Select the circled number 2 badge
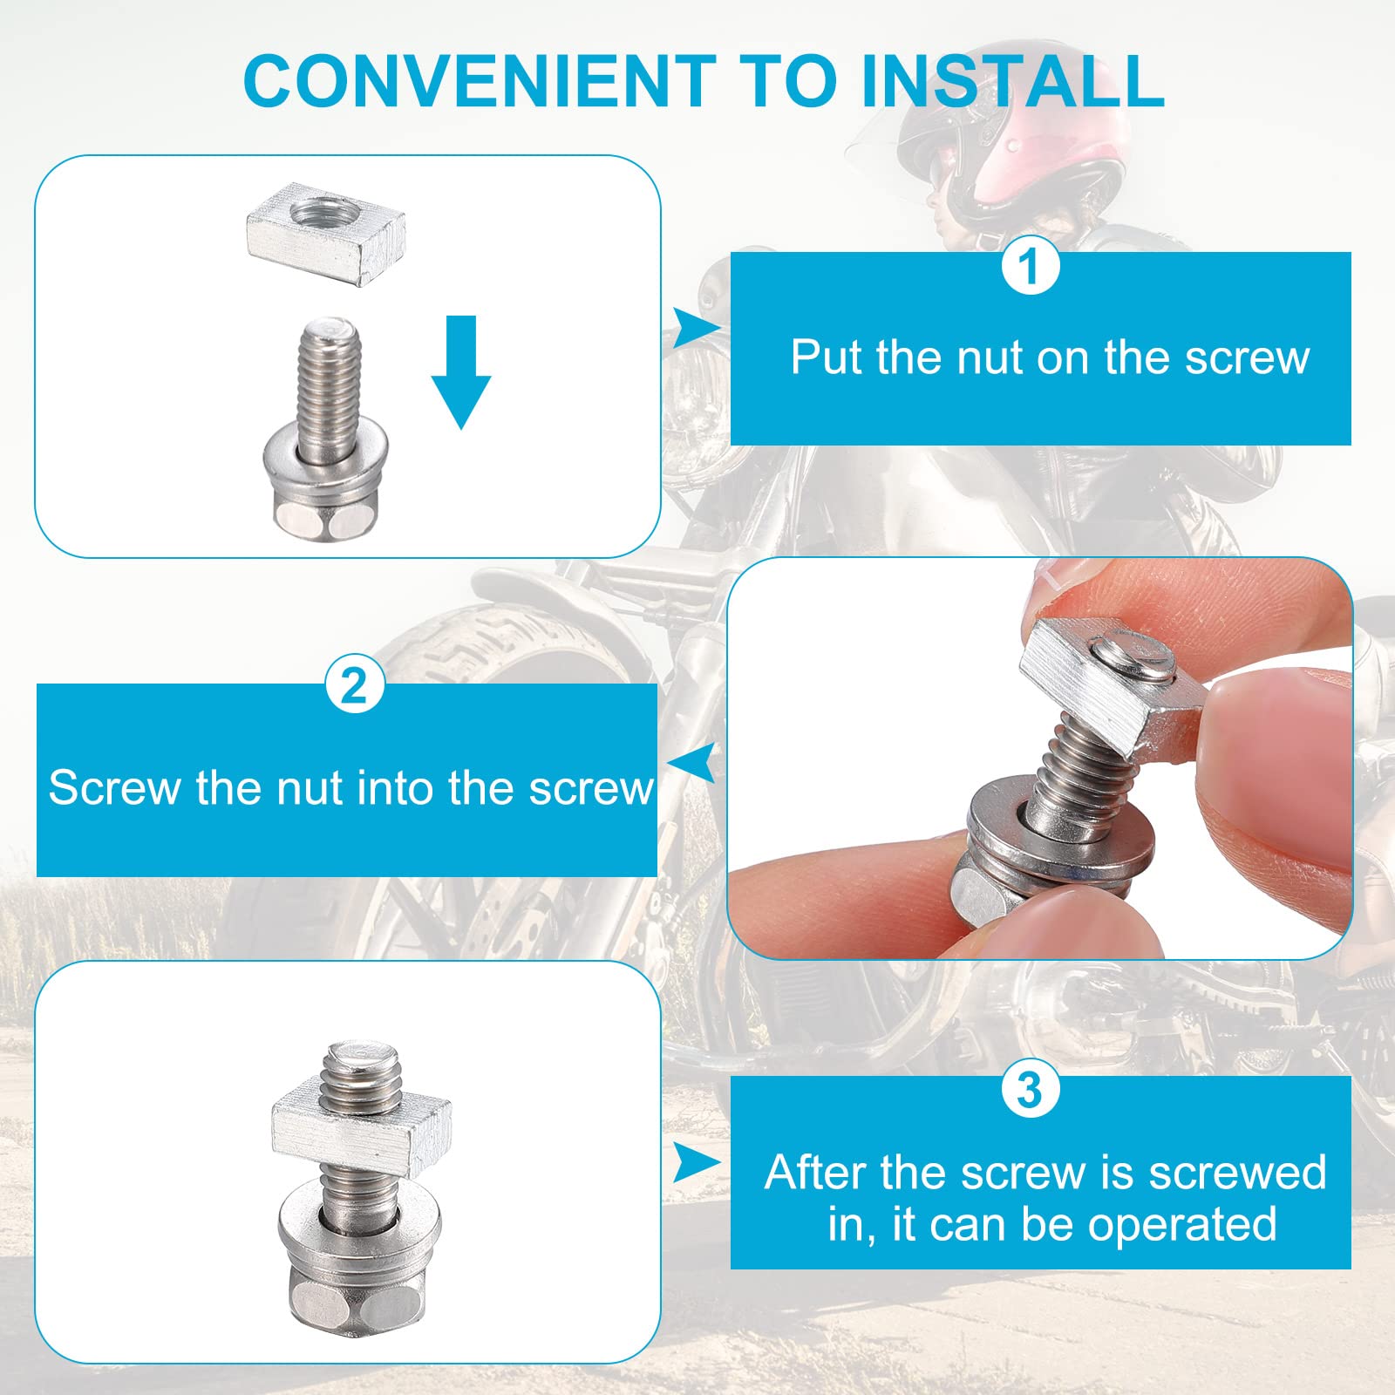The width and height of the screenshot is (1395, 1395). (x=355, y=686)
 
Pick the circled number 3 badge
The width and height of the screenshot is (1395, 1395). (x=1031, y=1089)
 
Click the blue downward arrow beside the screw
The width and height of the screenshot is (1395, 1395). (x=461, y=372)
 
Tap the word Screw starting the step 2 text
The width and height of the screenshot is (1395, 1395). (x=113, y=788)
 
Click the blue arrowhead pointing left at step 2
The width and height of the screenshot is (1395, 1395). (x=696, y=764)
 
